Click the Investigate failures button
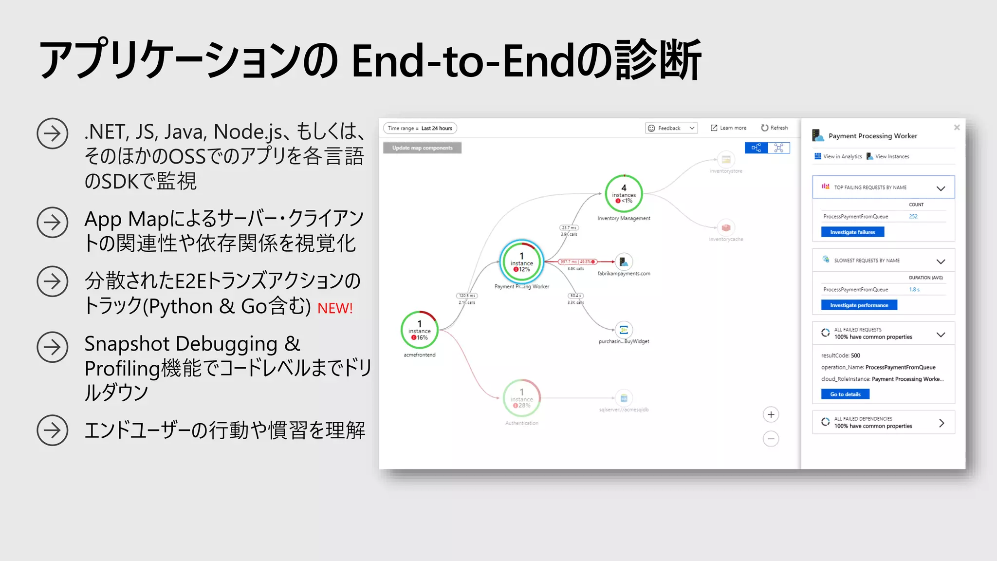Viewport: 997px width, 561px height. click(852, 232)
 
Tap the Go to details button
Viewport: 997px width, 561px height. click(845, 394)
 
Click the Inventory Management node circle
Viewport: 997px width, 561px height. click(624, 194)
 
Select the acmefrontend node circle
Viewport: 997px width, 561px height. click(419, 330)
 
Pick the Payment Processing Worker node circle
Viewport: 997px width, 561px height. click(521, 262)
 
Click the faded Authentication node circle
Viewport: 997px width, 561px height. click(521, 398)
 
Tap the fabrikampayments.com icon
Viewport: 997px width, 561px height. click(624, 262)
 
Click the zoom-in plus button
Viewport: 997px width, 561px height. click(771, 415)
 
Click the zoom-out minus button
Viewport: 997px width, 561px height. click(771, 439)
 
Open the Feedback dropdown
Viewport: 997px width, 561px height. click(671, 128)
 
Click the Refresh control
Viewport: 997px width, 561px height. click(775, 128)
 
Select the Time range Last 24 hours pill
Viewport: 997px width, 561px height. click(420, 128)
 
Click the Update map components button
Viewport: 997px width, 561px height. click(422, 148)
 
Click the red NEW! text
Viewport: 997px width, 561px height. click(335, 308)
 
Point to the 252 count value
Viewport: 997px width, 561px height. click(913, 217)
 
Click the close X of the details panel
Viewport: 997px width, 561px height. click(957, 128)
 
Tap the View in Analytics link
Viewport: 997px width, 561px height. click(838, 156)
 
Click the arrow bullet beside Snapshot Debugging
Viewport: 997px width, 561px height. click(52, 347)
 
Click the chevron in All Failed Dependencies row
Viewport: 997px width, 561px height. click(942, 423)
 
